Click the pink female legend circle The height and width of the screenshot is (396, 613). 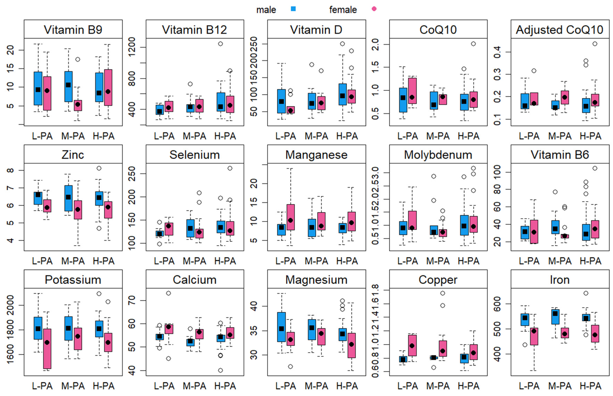tap(374, 9)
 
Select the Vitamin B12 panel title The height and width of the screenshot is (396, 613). tap(195, 30)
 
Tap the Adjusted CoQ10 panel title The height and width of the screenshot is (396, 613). tap(560, 30)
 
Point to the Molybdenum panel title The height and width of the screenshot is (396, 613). tap(438, 155)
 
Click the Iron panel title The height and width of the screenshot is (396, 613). tap(560, 280)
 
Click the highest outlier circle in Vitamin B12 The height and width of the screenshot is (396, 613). tap(220, 44)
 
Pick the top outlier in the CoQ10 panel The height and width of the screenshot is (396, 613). tap(473, 44)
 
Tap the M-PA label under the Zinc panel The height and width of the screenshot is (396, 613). tap(73, 261)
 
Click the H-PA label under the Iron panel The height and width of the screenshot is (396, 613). tap(590, 386)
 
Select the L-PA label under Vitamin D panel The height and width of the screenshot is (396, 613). tap(286, 136)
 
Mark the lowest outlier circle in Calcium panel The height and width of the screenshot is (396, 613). tap(220, 370)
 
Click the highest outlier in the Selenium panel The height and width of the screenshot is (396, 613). tap(230, 168)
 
